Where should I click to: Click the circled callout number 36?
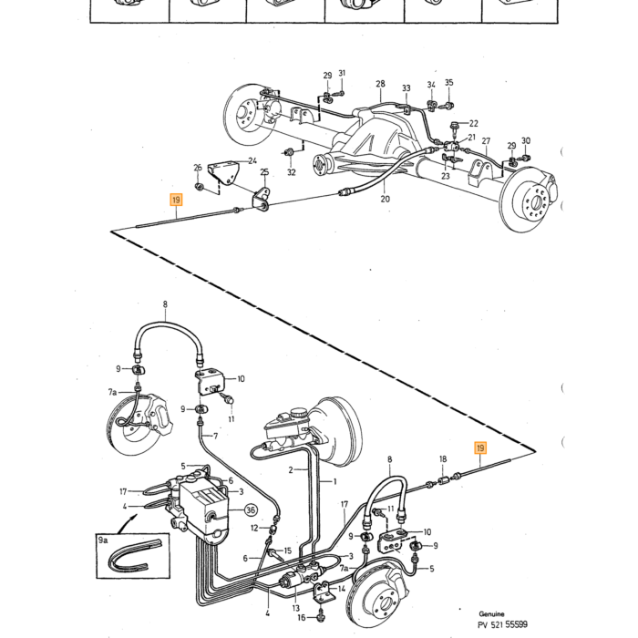pos(251,509)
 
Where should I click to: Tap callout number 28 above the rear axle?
pos(380,84)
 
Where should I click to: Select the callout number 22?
pos(474,123)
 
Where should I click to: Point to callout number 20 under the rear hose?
pos(385,199)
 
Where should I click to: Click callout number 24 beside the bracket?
pos(252,160)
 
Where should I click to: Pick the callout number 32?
pos(292,172)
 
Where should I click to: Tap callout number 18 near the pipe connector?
pos(443,459)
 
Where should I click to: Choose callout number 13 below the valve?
pos(296,608)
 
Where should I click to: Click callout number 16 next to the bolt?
pos(301,618)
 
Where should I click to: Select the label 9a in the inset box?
pos(103,540)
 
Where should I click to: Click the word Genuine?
pos(491,614)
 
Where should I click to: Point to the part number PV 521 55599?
pos(503,624)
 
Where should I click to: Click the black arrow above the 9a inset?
pos(127,524)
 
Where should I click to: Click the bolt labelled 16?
pos(321,617)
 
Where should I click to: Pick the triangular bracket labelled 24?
pos(222,173)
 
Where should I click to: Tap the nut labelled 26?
pos(200,187)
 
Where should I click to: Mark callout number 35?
pos(448,83)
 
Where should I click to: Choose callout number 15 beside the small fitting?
pos(288,551)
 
